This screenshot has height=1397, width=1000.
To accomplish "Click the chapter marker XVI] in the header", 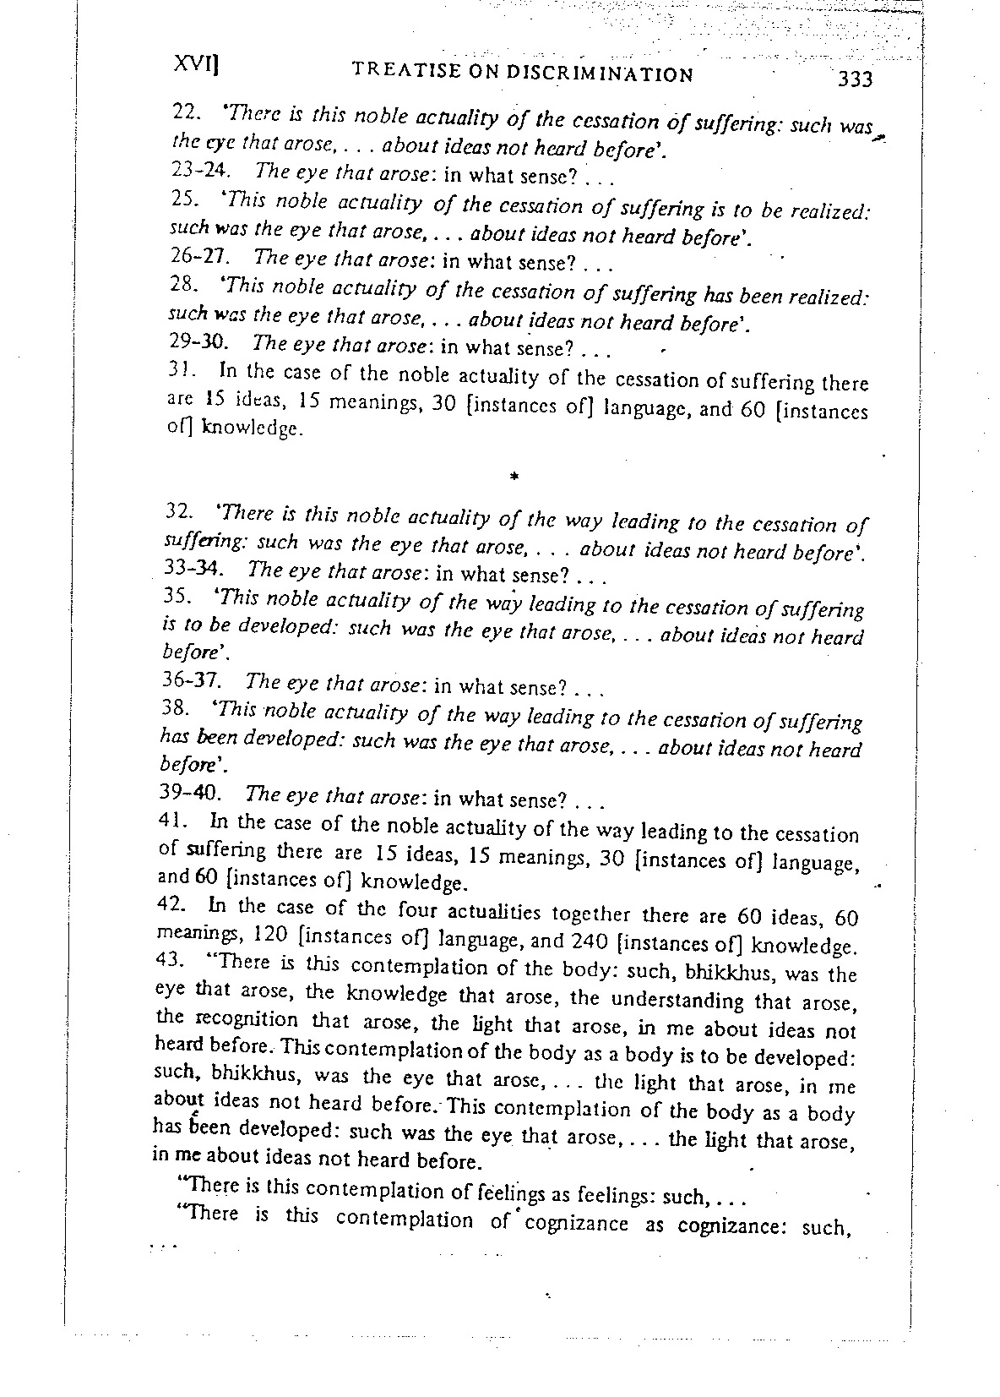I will (196, 66).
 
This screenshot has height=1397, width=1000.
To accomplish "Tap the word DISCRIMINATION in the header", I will (600, 74).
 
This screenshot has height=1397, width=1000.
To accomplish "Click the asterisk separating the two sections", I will (514, 477).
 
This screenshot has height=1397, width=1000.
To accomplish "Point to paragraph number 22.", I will (184, 111).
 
